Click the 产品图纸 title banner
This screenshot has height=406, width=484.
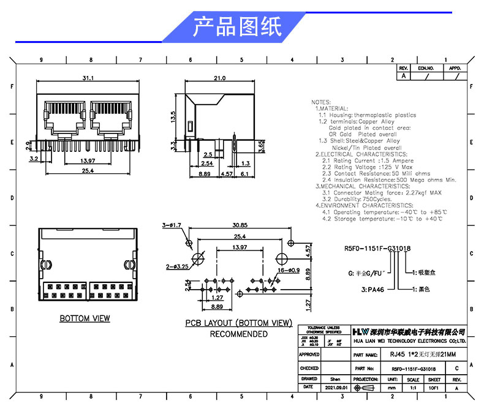[x=237, y=27]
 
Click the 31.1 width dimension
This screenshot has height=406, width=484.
[x=88, y=78]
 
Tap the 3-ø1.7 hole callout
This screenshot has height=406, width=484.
[x=172, y=225]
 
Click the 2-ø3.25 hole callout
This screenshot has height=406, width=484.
[x=176, y=267]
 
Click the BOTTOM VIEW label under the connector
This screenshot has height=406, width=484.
[x=85, y=318]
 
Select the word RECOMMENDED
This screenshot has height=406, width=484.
[x=238, y=334]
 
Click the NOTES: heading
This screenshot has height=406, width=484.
[x=321, y=102]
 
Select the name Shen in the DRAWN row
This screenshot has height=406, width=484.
[x=335, y=380]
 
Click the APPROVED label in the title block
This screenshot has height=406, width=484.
[x=309, y=355]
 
